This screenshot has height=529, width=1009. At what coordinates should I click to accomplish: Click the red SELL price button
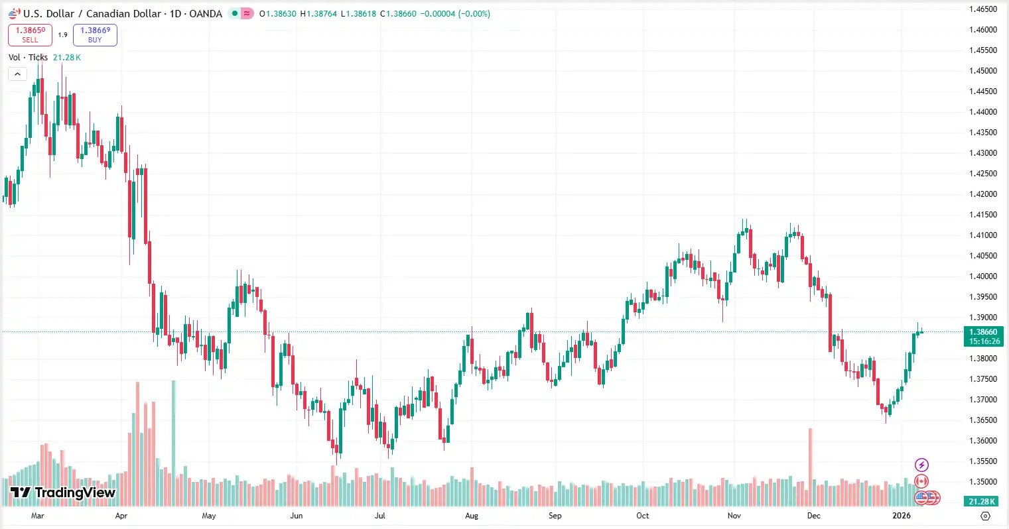click(30, 34)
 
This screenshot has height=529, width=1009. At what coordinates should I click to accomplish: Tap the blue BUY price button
click(95, 34)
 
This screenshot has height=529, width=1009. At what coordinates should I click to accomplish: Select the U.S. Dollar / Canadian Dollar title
click(92, 13)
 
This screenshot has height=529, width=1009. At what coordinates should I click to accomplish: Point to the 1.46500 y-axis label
click(983, 9)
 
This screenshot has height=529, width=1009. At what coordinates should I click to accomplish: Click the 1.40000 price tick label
click(983, 276)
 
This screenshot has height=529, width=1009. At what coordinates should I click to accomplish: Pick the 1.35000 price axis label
click(983, 482)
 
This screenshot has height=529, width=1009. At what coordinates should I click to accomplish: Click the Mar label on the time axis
click(38, 516)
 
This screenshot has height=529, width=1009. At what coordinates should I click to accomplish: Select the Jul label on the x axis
click(380, 516)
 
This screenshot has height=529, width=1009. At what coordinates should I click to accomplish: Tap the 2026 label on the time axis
click(902, 516)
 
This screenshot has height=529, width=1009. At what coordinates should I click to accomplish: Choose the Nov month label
click(734, 516)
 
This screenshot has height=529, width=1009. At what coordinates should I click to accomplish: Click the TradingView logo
click(63, 493)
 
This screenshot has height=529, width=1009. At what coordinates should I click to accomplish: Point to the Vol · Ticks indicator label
click(29, 58)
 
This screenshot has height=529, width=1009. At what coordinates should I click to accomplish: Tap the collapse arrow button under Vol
click(17, 74)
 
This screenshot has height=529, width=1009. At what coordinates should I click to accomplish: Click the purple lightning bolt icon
click(921, 465)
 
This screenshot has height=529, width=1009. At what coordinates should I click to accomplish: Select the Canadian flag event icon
click(921, 481)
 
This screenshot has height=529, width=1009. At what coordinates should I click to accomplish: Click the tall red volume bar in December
click(811, 457)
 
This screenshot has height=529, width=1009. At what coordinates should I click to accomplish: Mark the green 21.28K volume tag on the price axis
click(982, 502)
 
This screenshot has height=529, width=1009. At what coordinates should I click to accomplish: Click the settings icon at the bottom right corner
click(985, 516)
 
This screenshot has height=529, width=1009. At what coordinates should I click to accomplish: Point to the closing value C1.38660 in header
click(398, 13)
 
